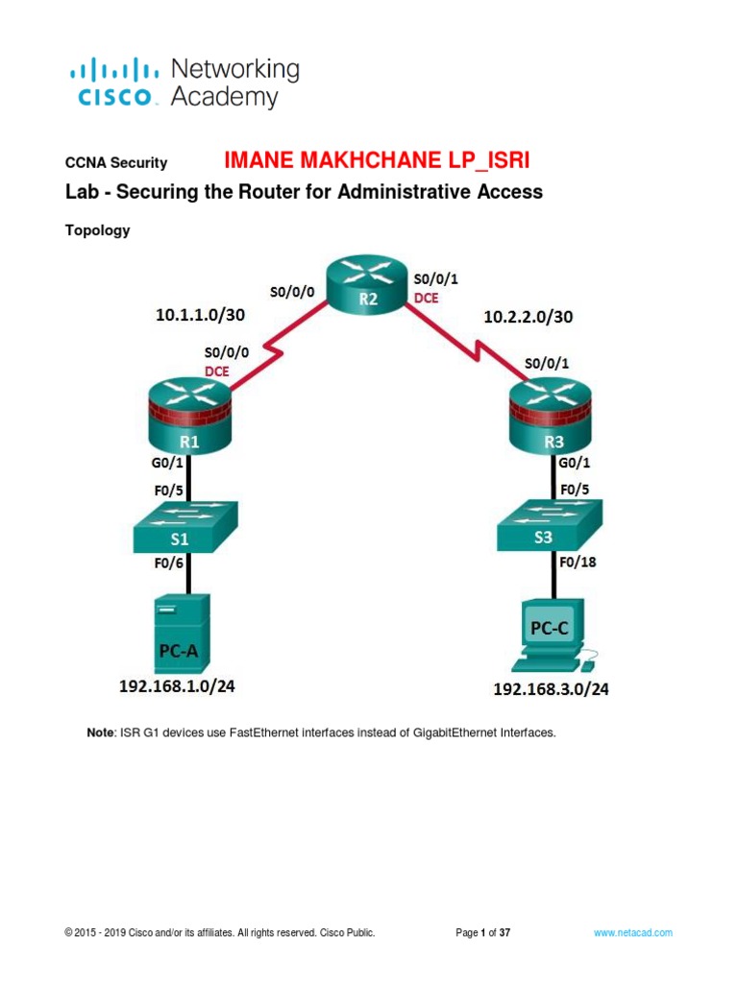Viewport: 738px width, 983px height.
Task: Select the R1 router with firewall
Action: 190,416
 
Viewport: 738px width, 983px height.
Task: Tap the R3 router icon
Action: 551,416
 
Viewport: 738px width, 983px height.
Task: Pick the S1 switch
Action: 185,527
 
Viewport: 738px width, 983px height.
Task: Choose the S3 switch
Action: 550,525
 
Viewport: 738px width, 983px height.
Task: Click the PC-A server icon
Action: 182,634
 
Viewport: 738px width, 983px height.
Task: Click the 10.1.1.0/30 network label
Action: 200,315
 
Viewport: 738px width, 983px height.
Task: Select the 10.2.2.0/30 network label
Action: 529,317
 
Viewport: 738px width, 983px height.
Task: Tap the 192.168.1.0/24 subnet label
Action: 177,686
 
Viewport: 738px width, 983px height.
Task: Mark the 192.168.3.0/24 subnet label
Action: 551,689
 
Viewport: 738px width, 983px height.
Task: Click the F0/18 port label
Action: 578,563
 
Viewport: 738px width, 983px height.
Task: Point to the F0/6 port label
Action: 169,563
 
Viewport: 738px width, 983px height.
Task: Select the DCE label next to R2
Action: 426,299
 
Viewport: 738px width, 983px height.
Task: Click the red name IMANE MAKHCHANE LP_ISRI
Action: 377,160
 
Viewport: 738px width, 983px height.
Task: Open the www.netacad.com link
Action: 633,933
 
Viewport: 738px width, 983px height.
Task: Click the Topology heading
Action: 98,230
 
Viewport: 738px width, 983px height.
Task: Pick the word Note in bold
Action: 100,732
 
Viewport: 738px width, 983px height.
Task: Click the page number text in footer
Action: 483,933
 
